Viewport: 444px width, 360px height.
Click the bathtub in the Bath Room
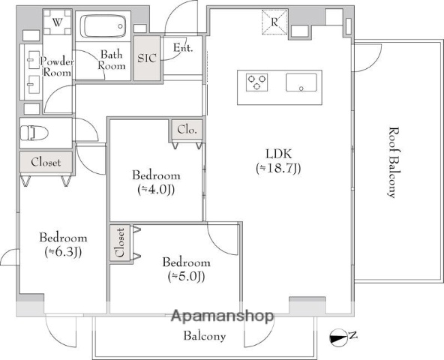click(103, 26)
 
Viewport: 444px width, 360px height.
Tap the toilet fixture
click(34, 133)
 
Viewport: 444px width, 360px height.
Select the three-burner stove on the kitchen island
click(256, 82)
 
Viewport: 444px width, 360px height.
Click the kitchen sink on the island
click(301, 82)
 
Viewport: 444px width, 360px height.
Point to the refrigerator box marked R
click(274, 22)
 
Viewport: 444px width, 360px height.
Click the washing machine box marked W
click(58, 22)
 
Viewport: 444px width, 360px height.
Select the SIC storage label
click(147, 58)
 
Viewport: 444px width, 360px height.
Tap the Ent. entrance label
click(183, 47)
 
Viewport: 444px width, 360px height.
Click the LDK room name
click(279, 154)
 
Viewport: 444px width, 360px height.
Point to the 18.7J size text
click(278, 169)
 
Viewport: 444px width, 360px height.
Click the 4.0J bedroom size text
click(156, 190)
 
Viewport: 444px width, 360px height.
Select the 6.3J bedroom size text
click(64, 252)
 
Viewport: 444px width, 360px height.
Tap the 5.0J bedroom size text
click(186, 277)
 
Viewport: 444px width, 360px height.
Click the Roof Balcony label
click(393, 163)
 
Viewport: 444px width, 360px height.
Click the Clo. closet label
click(187, 130)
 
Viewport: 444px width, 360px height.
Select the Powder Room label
click(57, 67)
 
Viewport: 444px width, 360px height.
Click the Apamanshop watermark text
click(223, 316)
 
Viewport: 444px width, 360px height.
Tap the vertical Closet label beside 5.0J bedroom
click(120, 243)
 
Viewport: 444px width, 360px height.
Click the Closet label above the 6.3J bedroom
click(46, 162)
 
